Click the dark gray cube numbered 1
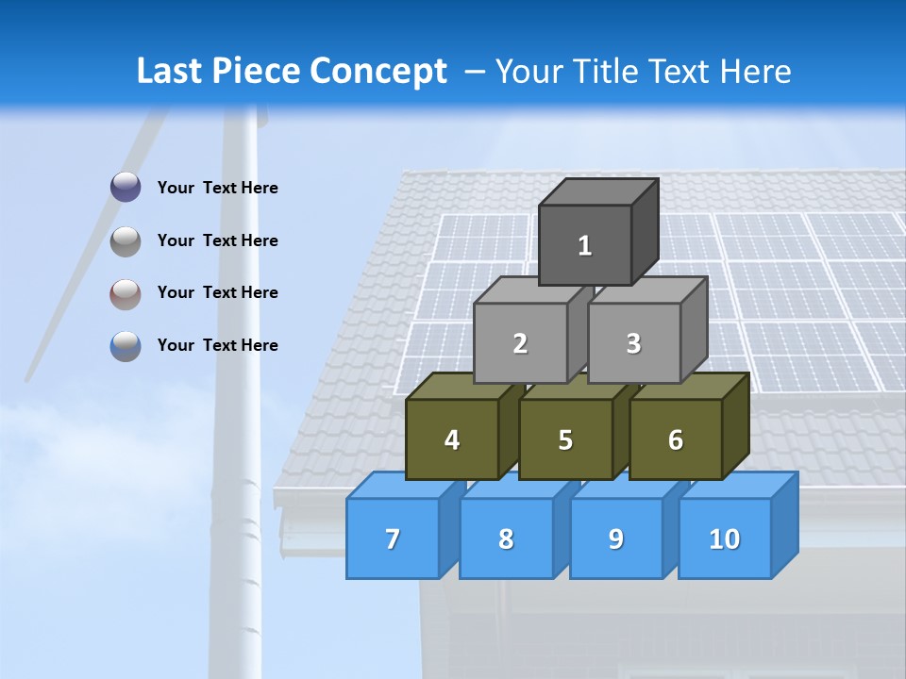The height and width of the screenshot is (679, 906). click(x=585, y=245)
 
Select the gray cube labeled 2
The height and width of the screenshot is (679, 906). click(x=520, y=343)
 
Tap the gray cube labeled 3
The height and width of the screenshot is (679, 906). click(x=633, y=343)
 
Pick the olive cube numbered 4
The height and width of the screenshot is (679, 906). click(x=452, y=439)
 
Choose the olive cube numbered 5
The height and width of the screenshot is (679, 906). click(x=565, y=439)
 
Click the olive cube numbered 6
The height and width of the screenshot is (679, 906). click(x=676, y=439)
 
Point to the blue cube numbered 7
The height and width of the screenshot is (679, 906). click(x=393, y=538)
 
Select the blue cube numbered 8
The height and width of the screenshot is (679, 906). click(x=506, y=538)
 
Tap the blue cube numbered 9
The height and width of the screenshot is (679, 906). click(x=616, y=538)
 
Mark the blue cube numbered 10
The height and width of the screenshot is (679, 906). click(x=725, y=538)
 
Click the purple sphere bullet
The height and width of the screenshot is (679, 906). click(x=126, y=188)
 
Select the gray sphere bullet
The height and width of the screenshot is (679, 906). click(x=126, y=241)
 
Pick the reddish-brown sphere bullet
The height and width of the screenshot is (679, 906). click(x=126, y=293)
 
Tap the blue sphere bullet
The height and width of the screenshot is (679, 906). click(x=126, y=346)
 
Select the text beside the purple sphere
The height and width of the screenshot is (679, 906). click(x=218, y=188)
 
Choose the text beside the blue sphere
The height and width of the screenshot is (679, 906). click(x=218, y=345)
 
